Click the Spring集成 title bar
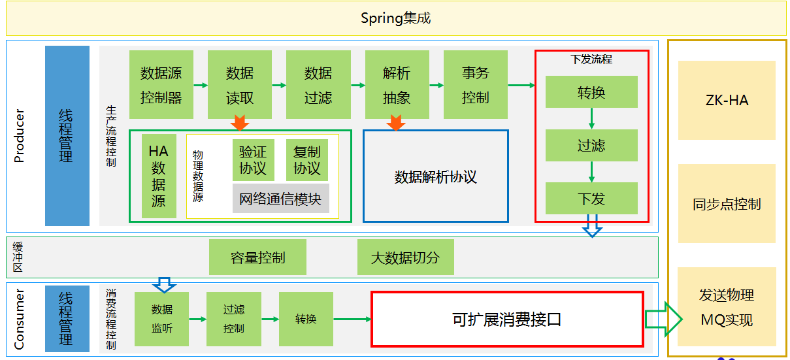(395, 18)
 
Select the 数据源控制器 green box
(161, 85)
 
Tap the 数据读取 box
(240, 85)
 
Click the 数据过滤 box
(318, 85)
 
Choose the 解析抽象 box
(397, 85)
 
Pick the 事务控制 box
(475, 85)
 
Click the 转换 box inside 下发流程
(591, 92)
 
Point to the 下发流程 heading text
(591, 59)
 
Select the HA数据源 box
(159, 176)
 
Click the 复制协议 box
(307, 160)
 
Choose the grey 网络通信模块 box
(281, 199)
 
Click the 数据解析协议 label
(435, 177)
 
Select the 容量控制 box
(257, 257)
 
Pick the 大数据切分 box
(405, 257)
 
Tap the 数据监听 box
(162, 319)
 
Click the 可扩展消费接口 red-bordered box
(507, 319)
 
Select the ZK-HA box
(727, 101)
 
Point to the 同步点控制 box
(727, 204)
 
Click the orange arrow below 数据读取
(240, 122)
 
